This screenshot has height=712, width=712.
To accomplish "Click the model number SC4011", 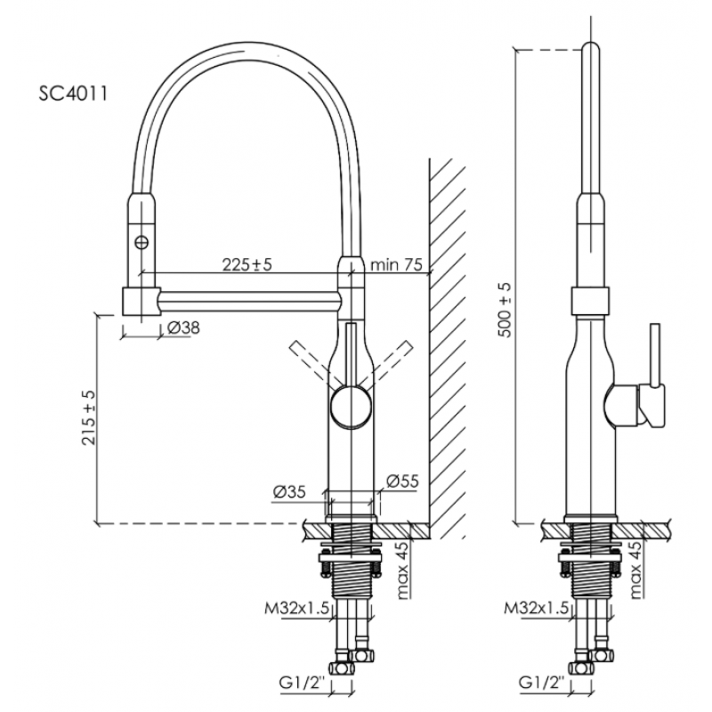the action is (73, 93).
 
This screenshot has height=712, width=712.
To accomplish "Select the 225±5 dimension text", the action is (247, 263).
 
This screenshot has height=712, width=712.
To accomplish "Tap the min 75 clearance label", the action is (396, 263).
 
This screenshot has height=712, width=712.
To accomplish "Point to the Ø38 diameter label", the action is (183, 328).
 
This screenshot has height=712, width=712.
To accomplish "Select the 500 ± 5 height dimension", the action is (505, 310).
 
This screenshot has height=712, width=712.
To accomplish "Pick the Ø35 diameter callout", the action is (289, 492).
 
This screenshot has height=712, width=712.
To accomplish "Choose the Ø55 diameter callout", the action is (402, 481).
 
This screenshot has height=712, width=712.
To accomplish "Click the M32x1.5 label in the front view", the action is (296, 608).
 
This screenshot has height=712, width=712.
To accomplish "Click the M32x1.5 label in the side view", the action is (537, 608).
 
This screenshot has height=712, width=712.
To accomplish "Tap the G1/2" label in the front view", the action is (304, 683).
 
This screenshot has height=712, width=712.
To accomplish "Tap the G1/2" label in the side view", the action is (543, 683).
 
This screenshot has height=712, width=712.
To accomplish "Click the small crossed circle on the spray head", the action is (142, 242).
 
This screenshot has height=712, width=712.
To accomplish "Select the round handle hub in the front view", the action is (351, 406).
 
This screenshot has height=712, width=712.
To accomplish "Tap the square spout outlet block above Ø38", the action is (142, 301).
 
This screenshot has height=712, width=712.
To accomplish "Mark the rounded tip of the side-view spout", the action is (590, 47).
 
